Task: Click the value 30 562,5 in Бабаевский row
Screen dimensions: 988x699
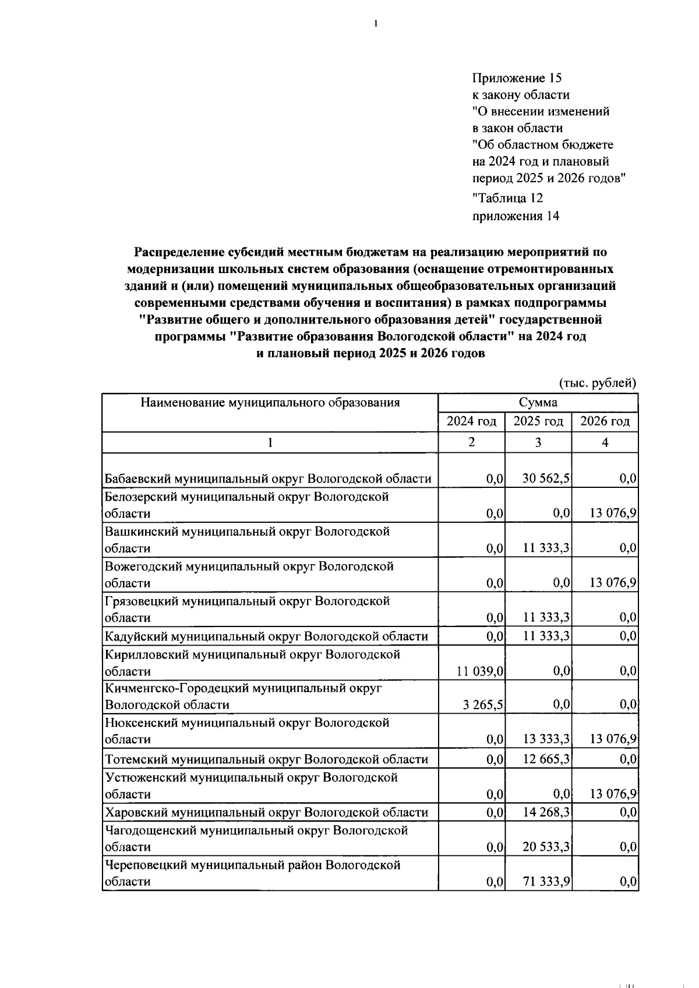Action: [546, 479]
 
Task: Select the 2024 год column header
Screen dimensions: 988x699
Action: [471, 422]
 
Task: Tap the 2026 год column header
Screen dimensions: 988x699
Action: [605, 422]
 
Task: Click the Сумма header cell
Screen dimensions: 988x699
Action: [538, 402]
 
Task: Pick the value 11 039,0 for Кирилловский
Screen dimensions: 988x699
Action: [479, 671]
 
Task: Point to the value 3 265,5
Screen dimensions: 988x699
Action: [483, 705]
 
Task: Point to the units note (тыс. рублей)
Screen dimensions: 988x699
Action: [598, 383]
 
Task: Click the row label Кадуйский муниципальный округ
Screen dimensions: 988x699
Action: [266, 636]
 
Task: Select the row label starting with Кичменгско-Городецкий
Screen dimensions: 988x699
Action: [243, 688]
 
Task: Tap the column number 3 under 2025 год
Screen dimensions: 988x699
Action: [538, 442]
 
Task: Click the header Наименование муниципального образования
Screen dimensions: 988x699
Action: [270, 402]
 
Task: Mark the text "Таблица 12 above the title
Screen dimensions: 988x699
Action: [507, 199]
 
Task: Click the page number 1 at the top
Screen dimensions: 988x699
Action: [376, 24]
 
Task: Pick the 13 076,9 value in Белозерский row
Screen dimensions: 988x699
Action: [612, 514]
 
